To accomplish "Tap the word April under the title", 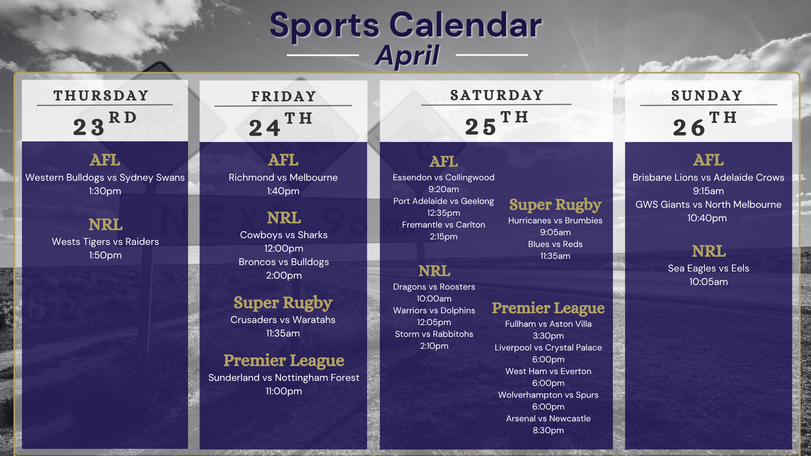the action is [x=407, y=55].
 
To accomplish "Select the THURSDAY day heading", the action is [x=101, y=95].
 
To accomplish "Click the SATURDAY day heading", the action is [x=497, y=95].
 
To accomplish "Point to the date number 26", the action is [x=689, y=128].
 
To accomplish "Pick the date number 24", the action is [x=264, y=128].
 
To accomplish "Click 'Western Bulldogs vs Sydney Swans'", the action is [x=105, y=177].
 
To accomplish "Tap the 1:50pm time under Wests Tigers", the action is [x=105, y=255].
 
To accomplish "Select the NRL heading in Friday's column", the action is [x=284, y=218].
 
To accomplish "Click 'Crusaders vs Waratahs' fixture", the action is [x=283, y=320].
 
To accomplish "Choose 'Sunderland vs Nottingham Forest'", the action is [x=284, y=377].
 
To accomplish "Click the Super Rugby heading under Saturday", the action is [x=555, y=205].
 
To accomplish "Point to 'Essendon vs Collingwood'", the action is [x=444, y=177].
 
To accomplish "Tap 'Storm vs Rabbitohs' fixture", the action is [x=434, y=334].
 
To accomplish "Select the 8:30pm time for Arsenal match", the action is [x=548, y=430].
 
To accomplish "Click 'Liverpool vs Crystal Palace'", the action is [x=548, y=347].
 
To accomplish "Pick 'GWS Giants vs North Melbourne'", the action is [x=708, y=204].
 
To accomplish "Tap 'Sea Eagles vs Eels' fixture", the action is [x=708, y=268].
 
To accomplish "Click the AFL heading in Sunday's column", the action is [x=708, y=160].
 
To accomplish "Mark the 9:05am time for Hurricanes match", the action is [x=555, y=232].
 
